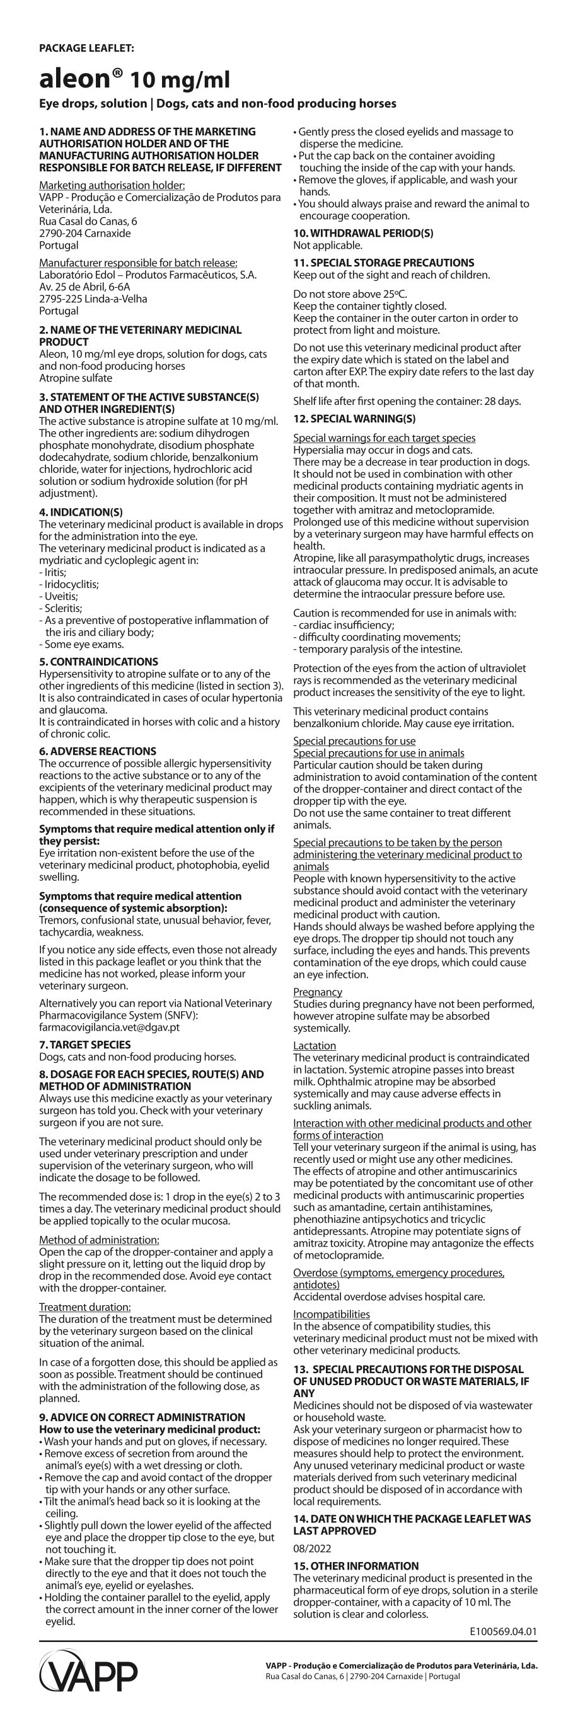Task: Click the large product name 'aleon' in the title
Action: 74,79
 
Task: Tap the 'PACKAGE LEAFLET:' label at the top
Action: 86,48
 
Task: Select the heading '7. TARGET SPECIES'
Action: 84,1044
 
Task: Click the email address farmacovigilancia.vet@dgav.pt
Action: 109,1027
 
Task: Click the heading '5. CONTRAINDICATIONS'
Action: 98,662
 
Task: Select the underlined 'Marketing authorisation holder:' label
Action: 112,185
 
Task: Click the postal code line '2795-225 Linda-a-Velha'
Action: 93,298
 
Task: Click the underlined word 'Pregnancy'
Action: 317,992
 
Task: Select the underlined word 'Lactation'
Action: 315,1045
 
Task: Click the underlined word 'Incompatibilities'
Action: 331,1314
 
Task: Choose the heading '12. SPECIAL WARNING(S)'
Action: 354,419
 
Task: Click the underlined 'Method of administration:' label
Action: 99,1240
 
